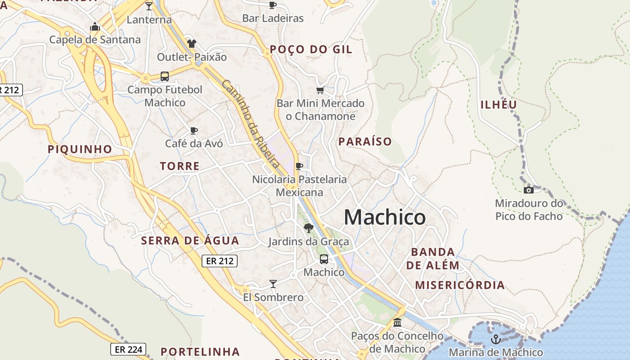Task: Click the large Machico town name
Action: click(384, 218)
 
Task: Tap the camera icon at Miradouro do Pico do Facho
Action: click(529, 190)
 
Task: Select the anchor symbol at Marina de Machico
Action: click(496, 339)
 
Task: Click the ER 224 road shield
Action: click(128, 349)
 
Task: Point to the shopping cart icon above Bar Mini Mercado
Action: click(320, 90)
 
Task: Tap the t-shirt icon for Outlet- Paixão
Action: click(192, 44)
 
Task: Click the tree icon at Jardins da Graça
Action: click(308, 228)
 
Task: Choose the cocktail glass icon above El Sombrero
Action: click(273, 283)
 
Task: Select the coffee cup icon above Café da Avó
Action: click(193, 130)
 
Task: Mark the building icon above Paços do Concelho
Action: click(397, 323)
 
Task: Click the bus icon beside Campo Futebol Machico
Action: click(165, 76)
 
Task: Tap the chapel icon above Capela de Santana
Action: click(94, 27)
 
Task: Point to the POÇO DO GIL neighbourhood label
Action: click(311, 49)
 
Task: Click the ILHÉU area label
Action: click(499, 105)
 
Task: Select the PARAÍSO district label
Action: click(365, 142)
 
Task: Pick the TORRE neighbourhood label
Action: click(180, 166)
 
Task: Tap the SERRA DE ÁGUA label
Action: click(190, 241)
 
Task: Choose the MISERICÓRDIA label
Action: click(459, 285)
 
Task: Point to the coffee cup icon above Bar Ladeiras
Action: click(272, 5)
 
